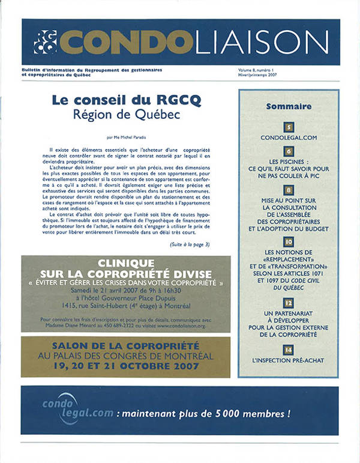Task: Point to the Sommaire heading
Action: coord(289,106)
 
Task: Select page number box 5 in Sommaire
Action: coord(289,127)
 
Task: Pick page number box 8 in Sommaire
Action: coord(289,190)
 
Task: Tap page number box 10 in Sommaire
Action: coord(289,242)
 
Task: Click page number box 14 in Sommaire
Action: coord(289,349)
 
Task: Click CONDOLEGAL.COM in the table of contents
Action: coord(289,138)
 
